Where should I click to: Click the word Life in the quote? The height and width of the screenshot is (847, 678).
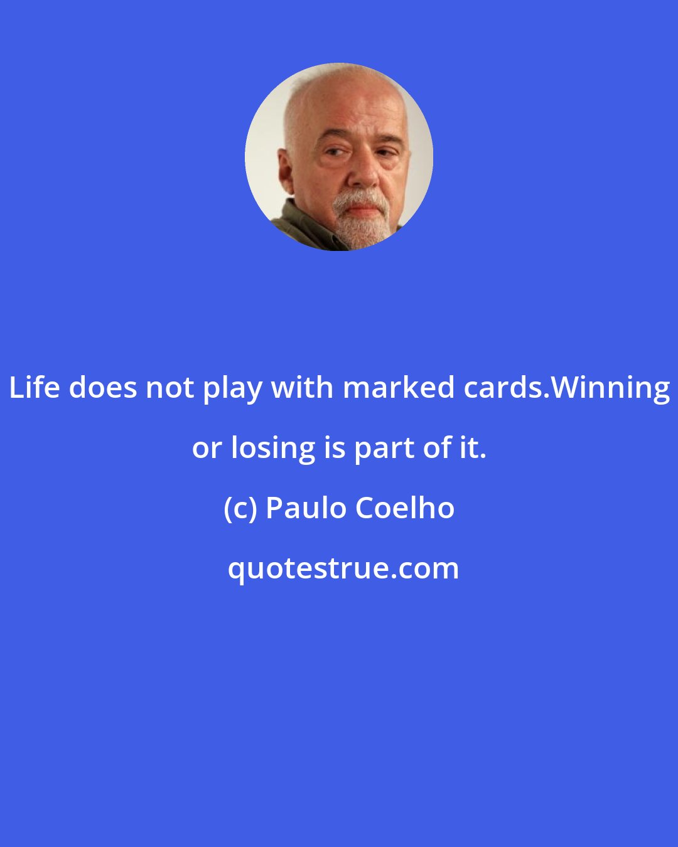(x=35, y=388)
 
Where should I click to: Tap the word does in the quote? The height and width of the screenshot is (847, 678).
(x=104, y=388)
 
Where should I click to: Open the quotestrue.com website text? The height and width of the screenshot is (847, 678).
(x=343, y=568)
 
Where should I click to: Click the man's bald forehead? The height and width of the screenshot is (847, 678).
(x=342, y=104)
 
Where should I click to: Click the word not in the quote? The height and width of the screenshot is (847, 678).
(x=171, y=388)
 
